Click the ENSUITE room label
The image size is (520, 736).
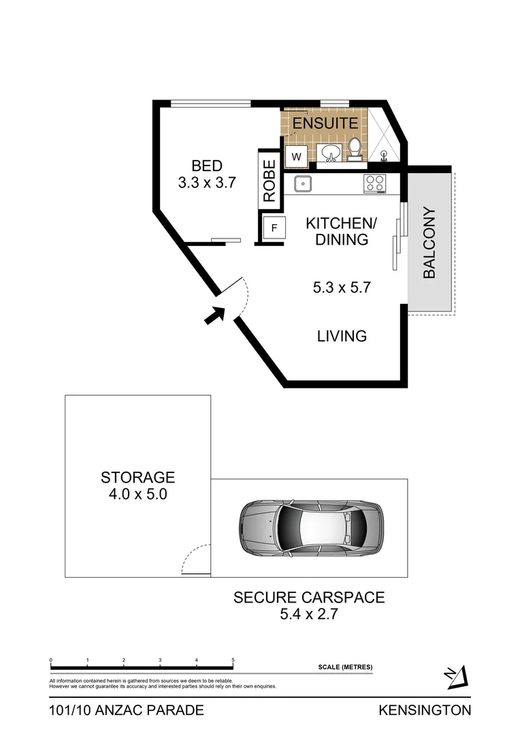325,123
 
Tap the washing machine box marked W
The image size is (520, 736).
297,157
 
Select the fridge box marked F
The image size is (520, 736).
274,228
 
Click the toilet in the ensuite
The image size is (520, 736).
354,149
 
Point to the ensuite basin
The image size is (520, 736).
331,153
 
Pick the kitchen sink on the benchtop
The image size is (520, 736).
302,183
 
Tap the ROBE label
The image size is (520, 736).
270,181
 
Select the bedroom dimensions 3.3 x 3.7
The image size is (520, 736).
207,183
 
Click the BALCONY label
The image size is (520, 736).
429,242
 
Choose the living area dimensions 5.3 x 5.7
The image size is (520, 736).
341,288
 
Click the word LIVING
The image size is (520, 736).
342,336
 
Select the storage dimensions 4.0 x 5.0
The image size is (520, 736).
138,494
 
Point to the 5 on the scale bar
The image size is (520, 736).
233,660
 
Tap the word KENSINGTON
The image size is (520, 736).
425,710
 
